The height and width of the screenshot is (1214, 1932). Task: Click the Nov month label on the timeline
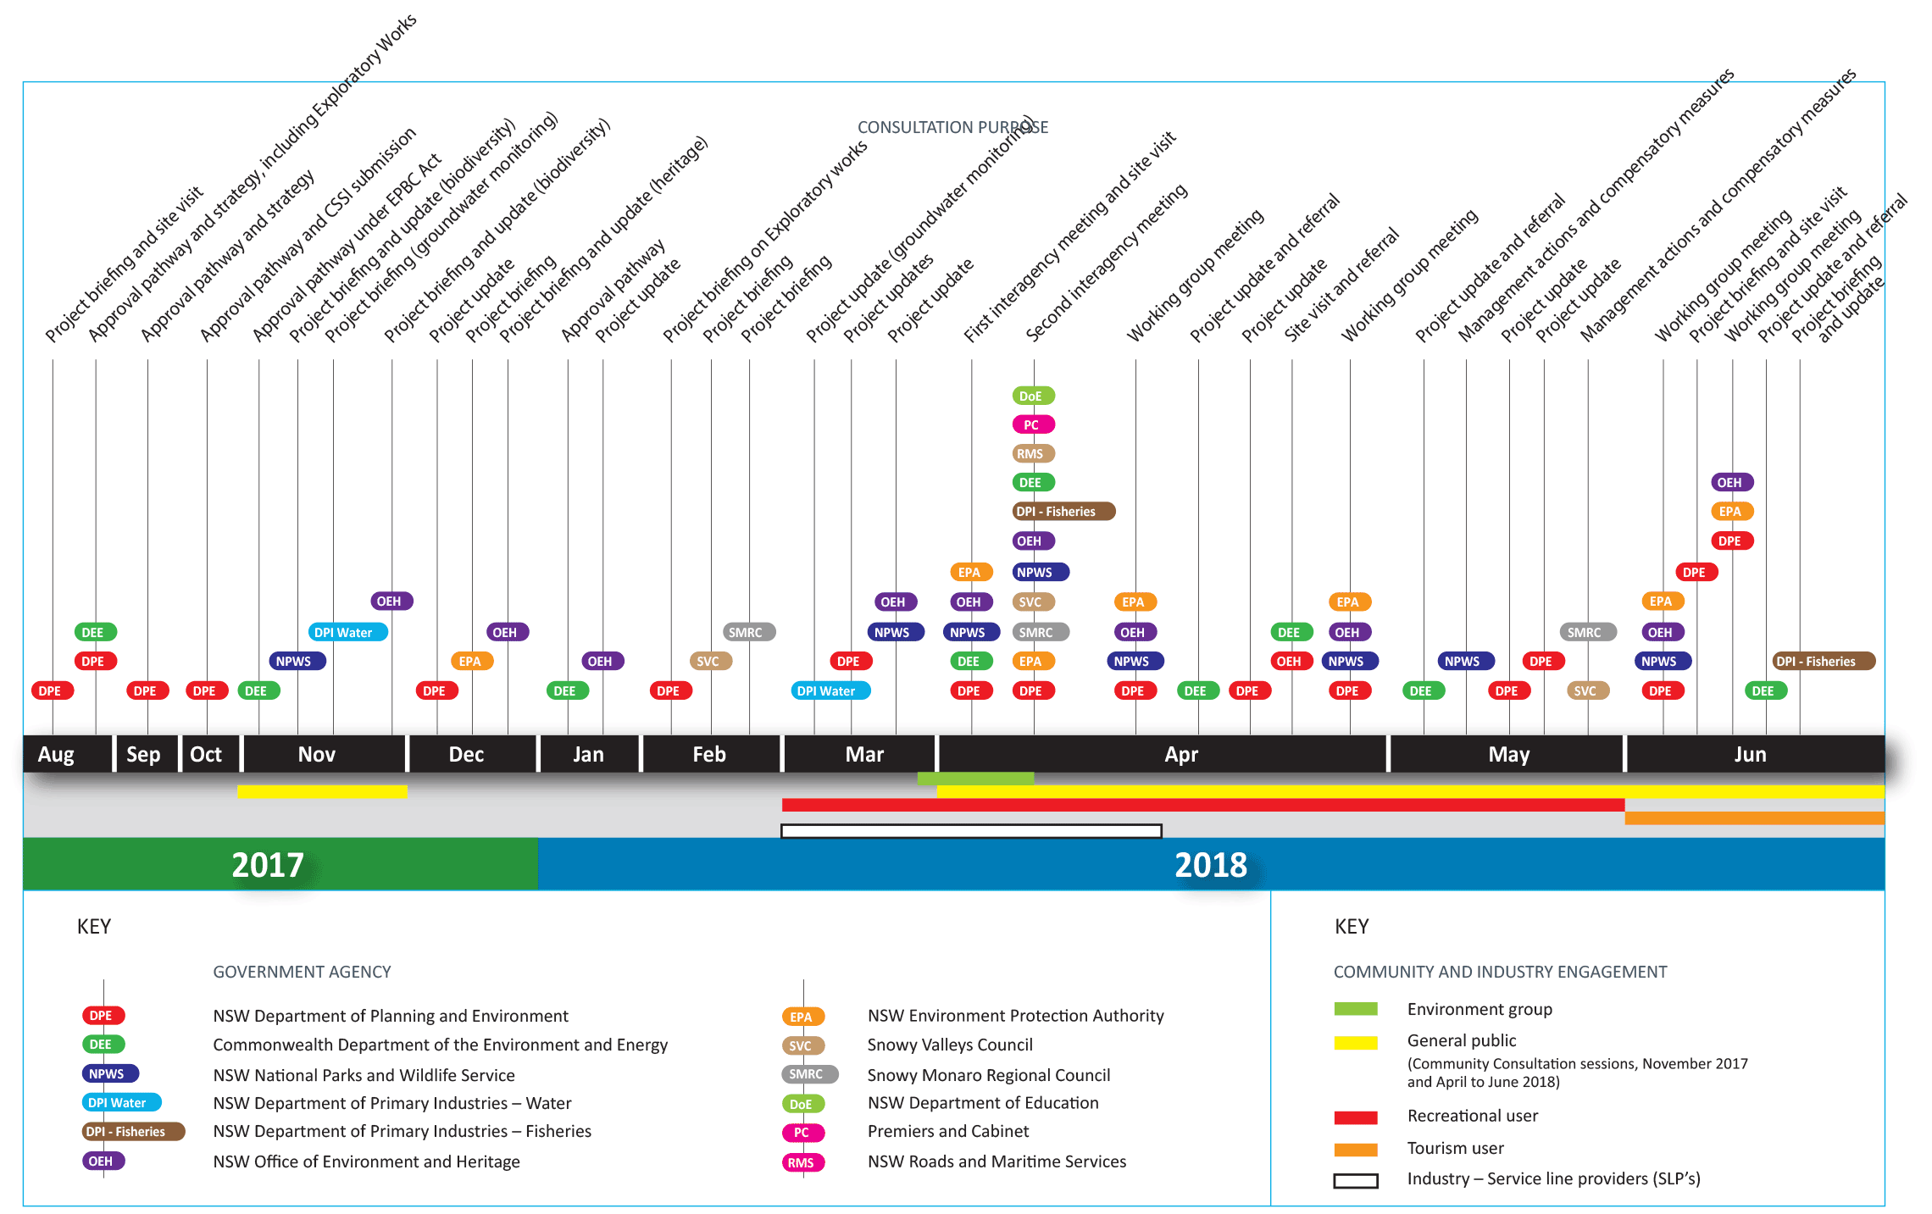pyautogui.click(x=317, y=754)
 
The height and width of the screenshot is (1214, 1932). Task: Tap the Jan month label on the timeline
pyautogui.click(x=588, y=754)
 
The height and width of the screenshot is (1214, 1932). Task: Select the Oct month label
pyautogui.click(x=206, y=754)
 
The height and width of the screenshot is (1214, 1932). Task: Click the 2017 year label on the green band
pyautogui.click(x=267, y=865)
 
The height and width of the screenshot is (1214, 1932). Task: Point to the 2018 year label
pyautogui.click(x=1210, y=865)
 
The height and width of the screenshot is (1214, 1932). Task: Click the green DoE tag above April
pyautogui.click(x=1032, y=396)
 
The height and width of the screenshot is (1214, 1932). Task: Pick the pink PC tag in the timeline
pyautogui.click(x=1032, y=424)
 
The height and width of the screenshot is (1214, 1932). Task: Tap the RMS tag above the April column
pyautogui.click(x=1032, y=454)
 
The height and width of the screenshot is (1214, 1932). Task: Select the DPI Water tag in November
pyautogui.click(x=346, y=632)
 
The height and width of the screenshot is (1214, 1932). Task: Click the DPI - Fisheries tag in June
pyautogui.click(x=1822, y=662)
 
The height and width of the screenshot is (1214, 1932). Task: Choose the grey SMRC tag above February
pyautogui.click(x=747, y=632)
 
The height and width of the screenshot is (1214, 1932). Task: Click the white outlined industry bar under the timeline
pyautogui.click(x=970, y=831)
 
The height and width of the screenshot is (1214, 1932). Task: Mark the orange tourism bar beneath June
pyautogui.click(x=1754, y=818)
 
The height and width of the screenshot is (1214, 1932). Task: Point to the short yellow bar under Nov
pyautogui.click(x=322, y=792)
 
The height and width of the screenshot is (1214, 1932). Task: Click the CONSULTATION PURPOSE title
pyautogui.click(x=952, y=127)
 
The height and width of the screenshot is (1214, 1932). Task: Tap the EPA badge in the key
pyautogui.click(x=802, y=1017)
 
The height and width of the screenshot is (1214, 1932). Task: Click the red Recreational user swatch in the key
pyautogui.click(x=1355, y=1117)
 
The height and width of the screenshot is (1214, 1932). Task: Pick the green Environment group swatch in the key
pyautogui.click(x=1355, y=1009)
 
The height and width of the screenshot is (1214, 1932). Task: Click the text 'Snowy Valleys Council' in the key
pyautogui.click(x=949, y=1045)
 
